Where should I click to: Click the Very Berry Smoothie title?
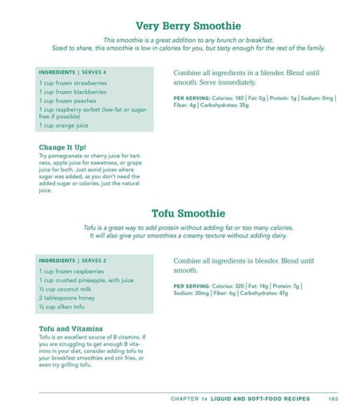[x=188, y=26]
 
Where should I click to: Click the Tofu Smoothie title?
[x=188, y=213]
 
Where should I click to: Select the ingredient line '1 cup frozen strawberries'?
[x=73, y=83]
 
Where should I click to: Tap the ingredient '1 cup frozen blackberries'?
[x=73, y=92]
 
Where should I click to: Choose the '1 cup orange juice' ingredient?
[x=64, y=125]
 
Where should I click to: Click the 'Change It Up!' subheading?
[x=63, y=147]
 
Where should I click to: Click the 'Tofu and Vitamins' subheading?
[x=71, y=329]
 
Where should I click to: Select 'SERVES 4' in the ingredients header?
[x=95, y=72]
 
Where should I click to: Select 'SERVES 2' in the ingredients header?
[x=95, y=261]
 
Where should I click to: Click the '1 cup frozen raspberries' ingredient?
[x=71, y=271]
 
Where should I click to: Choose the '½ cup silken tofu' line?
[x=62, y=307]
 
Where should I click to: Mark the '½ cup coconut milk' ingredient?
[x=65, y=289]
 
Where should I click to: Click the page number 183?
[x=333, y=399]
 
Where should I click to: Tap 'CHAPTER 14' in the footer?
[x=189, y=399]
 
